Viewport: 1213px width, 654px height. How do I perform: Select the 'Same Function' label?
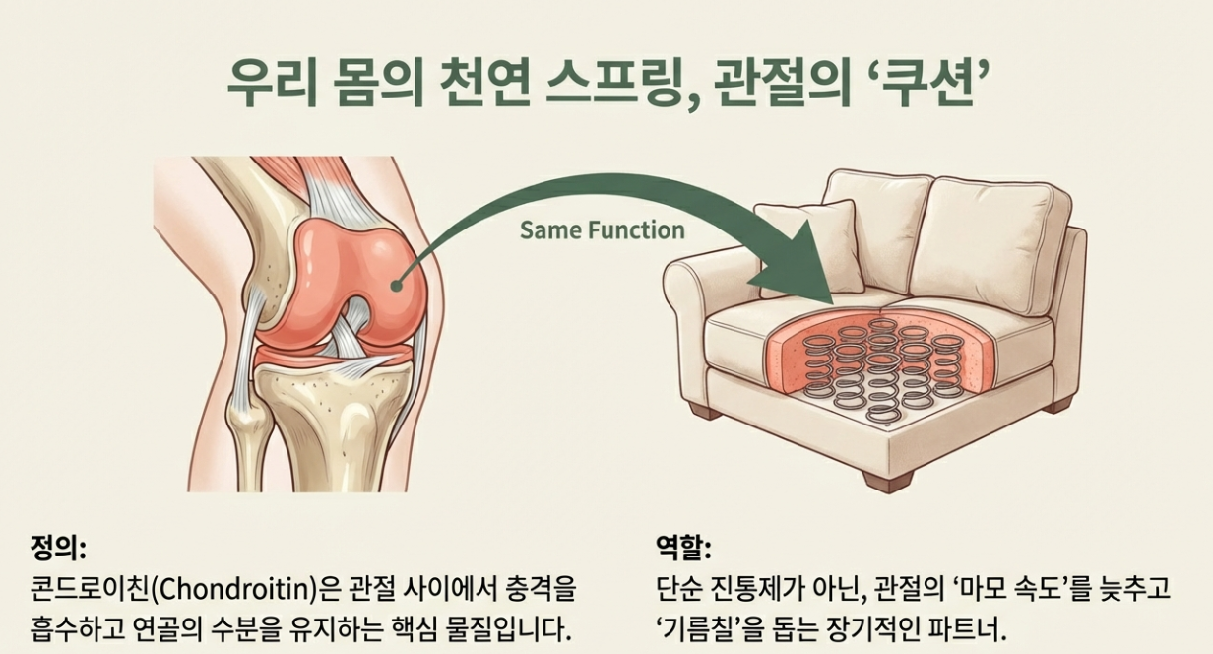coord(602,230)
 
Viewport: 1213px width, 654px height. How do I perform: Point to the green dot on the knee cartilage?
coord(395,286)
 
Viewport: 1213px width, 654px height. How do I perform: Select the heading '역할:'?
coord(683,545)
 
